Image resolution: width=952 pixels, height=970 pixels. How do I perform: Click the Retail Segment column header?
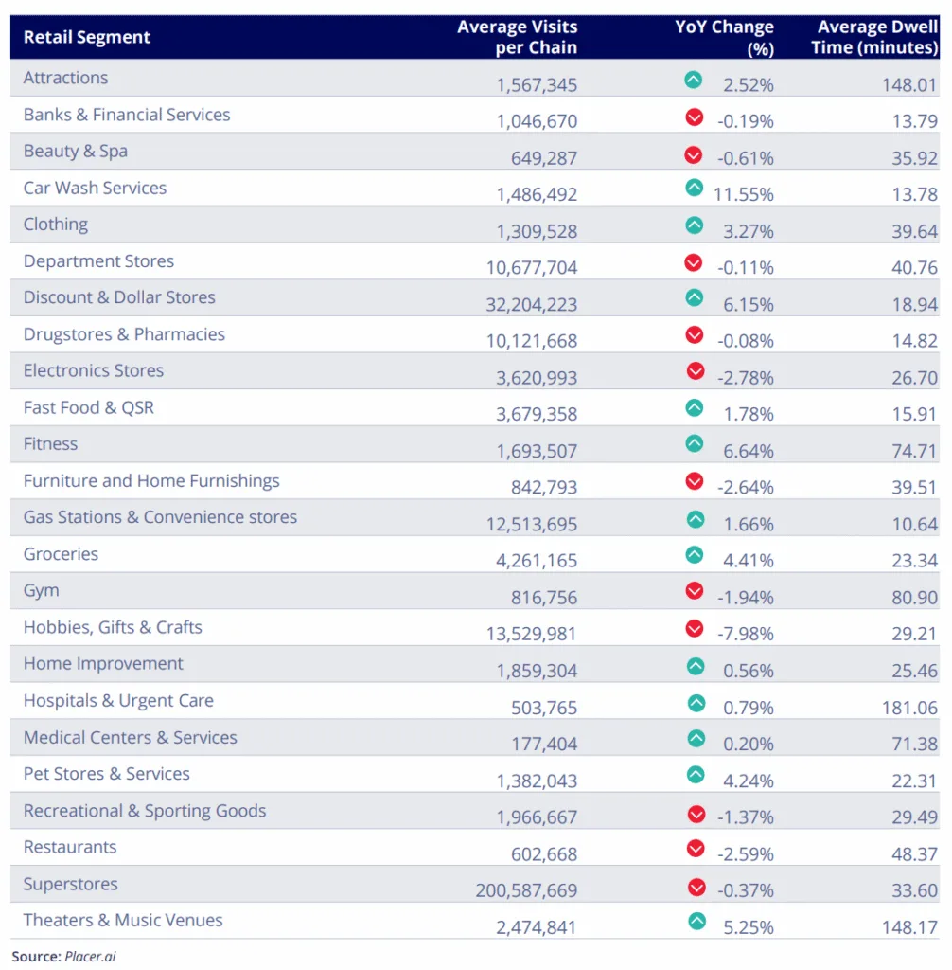point(87,38)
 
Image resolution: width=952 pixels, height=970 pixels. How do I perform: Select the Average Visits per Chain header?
point(517,37)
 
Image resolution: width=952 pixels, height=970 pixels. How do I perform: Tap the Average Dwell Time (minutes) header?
point(874,37)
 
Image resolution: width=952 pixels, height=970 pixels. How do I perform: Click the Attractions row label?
point(66,78)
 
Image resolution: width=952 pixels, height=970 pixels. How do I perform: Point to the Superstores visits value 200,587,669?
point(526,890)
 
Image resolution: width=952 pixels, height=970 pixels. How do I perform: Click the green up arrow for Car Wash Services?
point(695,189)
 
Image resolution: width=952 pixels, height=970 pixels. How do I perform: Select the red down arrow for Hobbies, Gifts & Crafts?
point(695,628)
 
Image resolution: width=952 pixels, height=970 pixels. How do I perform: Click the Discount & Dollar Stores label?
point(119,297)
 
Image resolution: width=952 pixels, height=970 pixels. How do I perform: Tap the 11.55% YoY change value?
point(744,194)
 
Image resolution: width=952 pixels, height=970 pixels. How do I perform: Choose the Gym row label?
point(42,590)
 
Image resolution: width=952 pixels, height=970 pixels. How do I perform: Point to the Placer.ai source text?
point(90,957)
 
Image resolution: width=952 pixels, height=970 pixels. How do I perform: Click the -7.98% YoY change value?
point(746,634)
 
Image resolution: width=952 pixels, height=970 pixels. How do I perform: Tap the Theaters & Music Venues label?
point(123,920)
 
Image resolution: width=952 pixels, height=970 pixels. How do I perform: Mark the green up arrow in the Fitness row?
point(695,443)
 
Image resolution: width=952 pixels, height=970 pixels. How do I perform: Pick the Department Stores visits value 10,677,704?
point(532,268)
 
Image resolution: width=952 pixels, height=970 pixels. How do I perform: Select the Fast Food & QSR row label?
point(89,407)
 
